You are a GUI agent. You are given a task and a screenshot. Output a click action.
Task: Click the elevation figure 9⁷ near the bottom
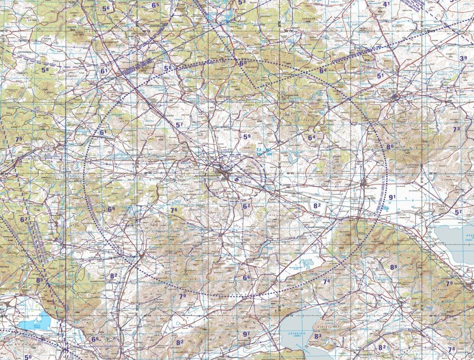click(x=246, y=334)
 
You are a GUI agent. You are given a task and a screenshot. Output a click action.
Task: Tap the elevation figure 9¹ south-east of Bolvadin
click(x=392, y=197)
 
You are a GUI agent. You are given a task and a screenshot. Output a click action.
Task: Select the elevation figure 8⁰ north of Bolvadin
click(x=390, y=147)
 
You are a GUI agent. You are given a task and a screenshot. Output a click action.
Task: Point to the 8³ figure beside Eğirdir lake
click(x=318, y=336)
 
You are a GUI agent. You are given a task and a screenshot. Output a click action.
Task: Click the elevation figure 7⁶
click(x=173, y=210)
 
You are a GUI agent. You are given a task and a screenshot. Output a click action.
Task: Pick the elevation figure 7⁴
click(x=326, y=282)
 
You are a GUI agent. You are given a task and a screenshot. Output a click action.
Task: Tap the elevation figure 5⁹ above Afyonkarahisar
click(x=247, y=137)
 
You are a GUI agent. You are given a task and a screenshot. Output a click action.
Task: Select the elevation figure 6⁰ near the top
click(x=242, y=63)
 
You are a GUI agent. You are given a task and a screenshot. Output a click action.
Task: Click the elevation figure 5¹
click(x=381, y=76)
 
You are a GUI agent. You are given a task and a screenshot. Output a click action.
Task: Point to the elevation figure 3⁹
click(x=463, y=58)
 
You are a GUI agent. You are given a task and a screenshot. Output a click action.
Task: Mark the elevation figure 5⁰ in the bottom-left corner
click(x=28, y=357)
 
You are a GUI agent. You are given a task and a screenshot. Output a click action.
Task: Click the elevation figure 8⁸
click(x=394, y=267)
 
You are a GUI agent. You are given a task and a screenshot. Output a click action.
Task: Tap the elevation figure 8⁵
click(x=39, y=280)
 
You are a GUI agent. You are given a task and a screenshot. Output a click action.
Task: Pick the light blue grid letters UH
click(x=268, y=154)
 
